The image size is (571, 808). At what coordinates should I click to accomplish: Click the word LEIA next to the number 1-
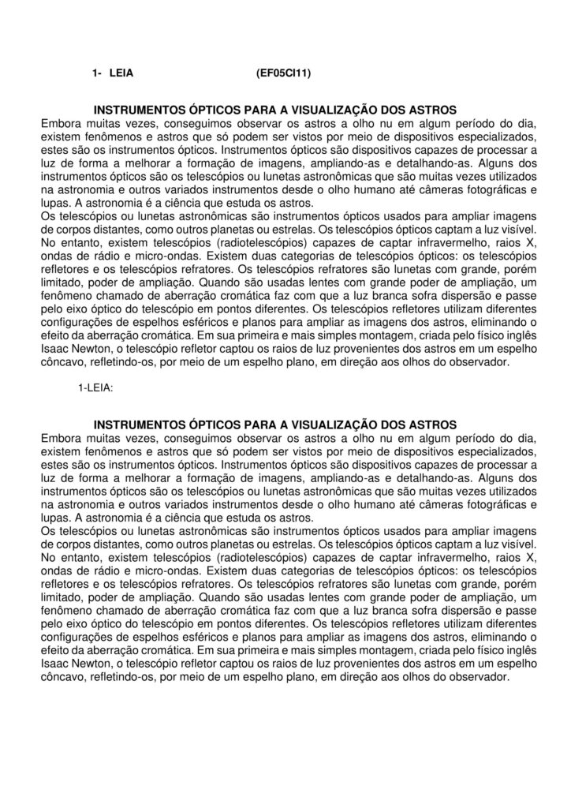(x=120, y=74)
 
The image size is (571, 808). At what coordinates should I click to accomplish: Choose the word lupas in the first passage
(x=54, y=203)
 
